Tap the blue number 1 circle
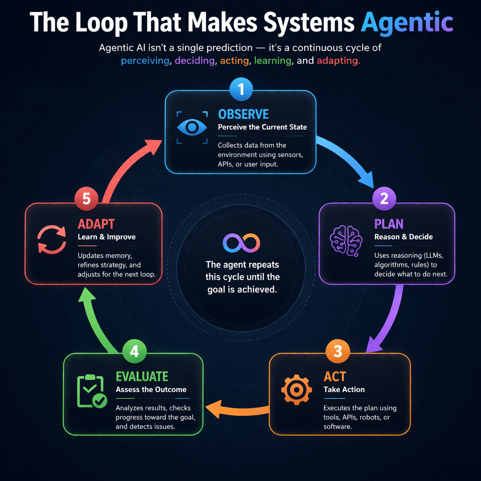point(241,89)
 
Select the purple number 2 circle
point(384,198)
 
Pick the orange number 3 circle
point(338,351)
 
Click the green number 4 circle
point(134,351)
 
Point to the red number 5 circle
point(87,198)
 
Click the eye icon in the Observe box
point(192,127)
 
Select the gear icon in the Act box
point(297,390)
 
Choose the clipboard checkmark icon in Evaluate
point(91,391)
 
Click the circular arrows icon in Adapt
point(52,240)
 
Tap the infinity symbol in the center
point(241,243)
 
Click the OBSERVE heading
point(243,114)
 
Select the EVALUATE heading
point(142,377)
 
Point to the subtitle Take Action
point(344,389)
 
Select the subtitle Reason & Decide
point(403,237)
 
